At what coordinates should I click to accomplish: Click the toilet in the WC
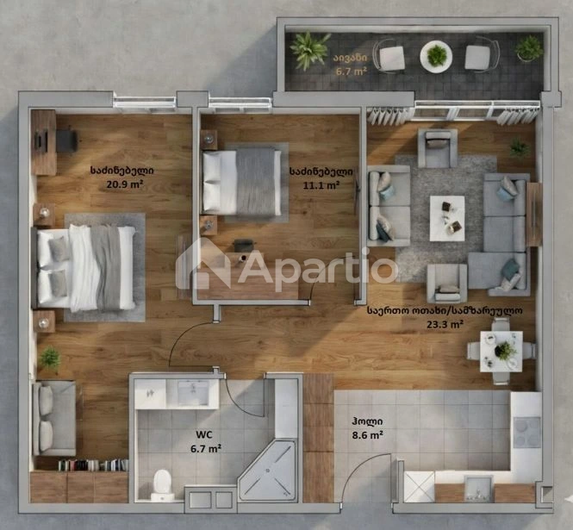tap(162, 484)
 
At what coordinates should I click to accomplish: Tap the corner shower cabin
tap(267, 472)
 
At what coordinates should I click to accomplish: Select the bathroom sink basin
tap(193, 393)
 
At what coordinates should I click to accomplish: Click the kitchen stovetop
tap(526, 433)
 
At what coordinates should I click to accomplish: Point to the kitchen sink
tap(478, 488)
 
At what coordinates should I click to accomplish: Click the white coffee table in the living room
tap(447, 218)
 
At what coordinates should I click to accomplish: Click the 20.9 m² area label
tap(124, 184)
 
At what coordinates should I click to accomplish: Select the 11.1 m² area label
tap(321, 185)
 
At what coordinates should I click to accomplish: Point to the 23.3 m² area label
tap(445, 324)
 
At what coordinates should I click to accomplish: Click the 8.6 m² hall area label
tap(367, 435)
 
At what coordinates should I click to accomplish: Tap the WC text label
tap(204, 434)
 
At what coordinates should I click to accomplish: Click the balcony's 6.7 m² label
tap(352, 71)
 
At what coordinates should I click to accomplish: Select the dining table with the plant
tap(501, 352)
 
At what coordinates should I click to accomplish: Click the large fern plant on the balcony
tap(310, 50)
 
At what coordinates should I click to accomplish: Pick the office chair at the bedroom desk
tap(66, 140)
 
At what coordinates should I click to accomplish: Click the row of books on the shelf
tap(93, 465)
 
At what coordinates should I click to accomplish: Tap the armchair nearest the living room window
tap(438, 147)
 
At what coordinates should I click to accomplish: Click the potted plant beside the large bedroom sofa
tap(50, 359)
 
